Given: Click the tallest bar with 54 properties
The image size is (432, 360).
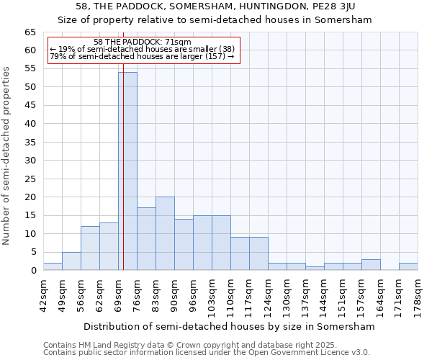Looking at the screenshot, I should (127, 171).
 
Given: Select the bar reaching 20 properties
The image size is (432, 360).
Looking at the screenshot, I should (165, 233).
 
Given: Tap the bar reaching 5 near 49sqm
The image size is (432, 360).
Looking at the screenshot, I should (71, 261).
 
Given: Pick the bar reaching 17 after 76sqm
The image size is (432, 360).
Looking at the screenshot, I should (146, 239).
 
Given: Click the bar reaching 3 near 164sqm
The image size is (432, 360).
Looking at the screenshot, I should (371, 265).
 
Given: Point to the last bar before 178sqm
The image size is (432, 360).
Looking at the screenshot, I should (408, 266).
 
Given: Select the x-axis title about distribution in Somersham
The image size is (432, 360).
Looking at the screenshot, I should (230, 326).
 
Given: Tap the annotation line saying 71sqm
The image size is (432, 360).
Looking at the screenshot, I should (143, 42).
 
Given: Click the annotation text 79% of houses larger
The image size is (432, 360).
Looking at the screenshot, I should (142, 56).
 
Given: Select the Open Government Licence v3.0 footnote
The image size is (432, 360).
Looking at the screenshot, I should (207, 353).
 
